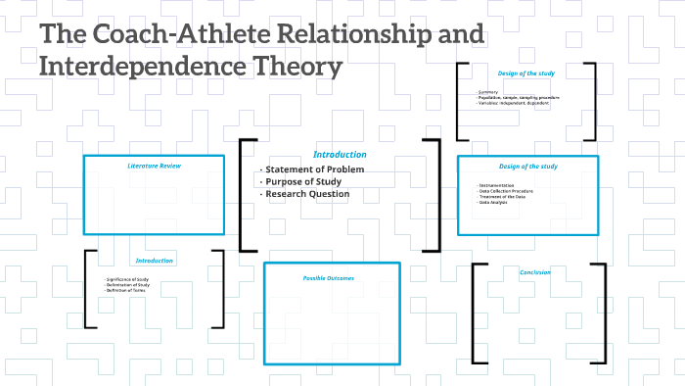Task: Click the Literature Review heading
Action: pos(155,166)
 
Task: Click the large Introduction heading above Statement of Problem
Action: pos(340,155)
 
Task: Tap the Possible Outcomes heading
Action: pos(328,278)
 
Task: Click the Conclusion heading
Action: pos(535,272)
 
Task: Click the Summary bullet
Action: pos(487,93)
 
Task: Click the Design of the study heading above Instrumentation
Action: pos(527,167)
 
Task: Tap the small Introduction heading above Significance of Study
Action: pos(154,261)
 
